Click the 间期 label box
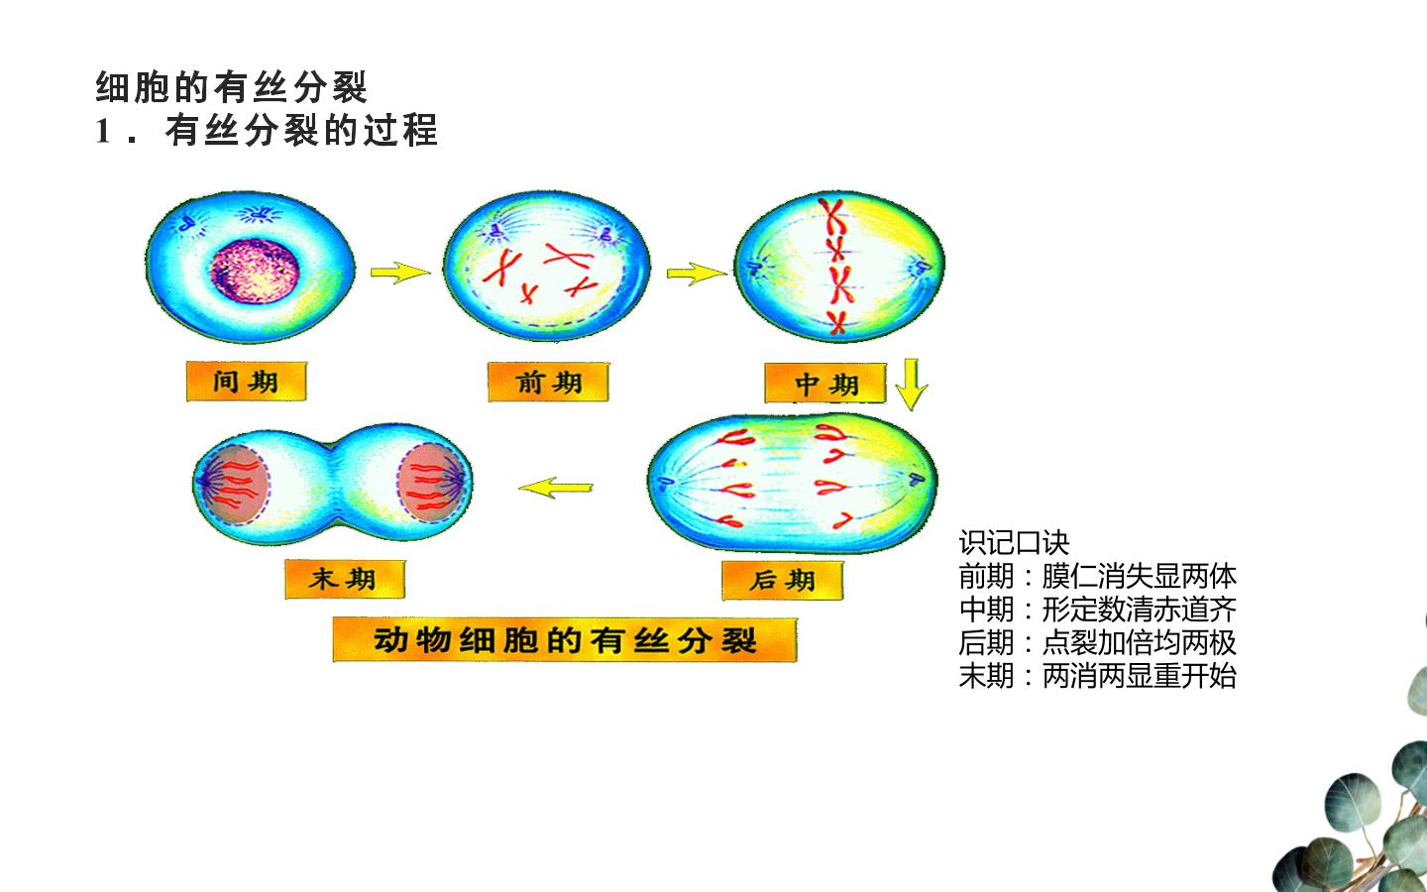click(247, 382)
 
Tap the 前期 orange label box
click(549, 383)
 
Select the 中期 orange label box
click(825, 384)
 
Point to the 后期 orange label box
click(782, 581)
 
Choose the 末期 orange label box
click(345, 579)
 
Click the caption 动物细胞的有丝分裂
click(565, 639)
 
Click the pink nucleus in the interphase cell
click(255, 271)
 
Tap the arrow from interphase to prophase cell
click(400, 273)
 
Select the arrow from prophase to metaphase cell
click(697, 274)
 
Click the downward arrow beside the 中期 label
click(912, 385)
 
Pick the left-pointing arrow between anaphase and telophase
click(556, 488)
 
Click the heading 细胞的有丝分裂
click(231, 87)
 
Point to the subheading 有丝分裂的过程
click(301, 131)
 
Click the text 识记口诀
click(1014, 543)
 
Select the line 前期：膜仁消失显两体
click(1098, 576)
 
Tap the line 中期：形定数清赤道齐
click(1098, 610)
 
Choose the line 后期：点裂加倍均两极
click(1098, 642)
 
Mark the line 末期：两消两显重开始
click(1098, 675)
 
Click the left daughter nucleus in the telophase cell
click(235, 485)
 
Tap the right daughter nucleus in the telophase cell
click(432, 483)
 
